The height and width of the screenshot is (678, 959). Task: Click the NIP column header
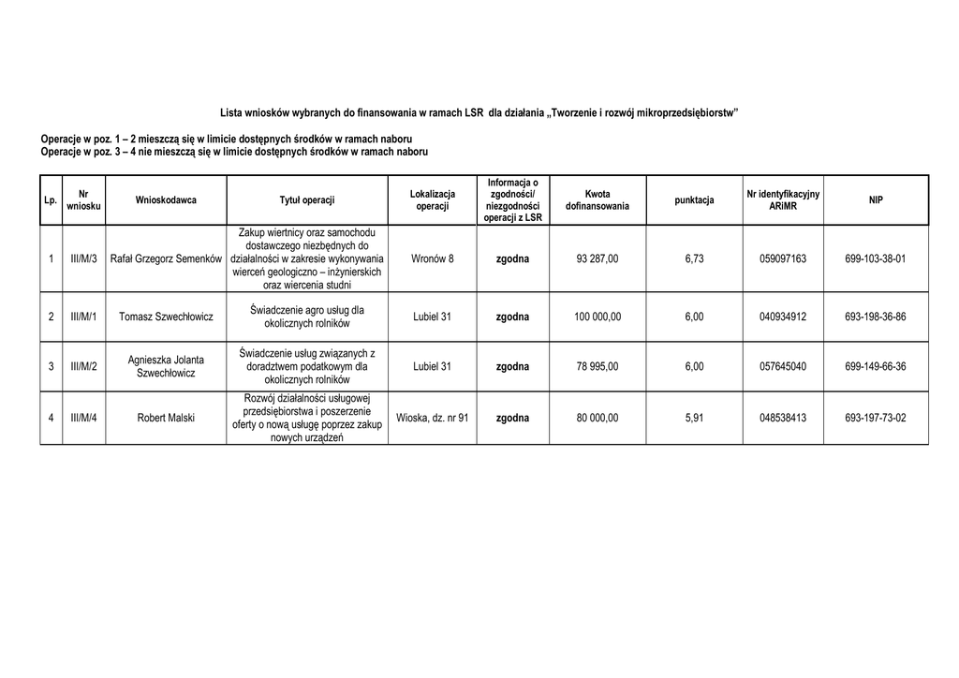(875, 199)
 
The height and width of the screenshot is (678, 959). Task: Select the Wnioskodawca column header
(166, 199)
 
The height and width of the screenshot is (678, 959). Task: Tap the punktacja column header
(694, 199)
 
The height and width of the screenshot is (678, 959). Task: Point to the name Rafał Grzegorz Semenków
(166, 258)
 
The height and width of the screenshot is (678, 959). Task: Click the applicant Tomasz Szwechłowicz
(166, 317)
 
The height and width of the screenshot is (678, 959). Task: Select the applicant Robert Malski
(166, 418)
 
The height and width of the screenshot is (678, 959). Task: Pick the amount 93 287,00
(598, 258)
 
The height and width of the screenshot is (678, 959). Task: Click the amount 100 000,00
(598, 317)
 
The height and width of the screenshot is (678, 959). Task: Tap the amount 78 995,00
(598, 366)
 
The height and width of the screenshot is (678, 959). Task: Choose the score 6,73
(694, 258)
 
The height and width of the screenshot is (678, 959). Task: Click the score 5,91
(694, 418)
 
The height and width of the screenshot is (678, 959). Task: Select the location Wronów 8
(432, 258)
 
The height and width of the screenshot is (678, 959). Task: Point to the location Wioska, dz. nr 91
(432, 418)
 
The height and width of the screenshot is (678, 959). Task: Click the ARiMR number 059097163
(783, 258)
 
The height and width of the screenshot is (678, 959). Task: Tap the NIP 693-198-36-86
(875, 317)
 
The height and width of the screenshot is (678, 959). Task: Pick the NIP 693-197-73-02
(875, 418)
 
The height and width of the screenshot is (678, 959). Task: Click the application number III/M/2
(84, 366)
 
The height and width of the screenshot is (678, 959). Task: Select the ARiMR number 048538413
(783, 418)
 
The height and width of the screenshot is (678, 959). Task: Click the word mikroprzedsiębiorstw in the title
(686, 112)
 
